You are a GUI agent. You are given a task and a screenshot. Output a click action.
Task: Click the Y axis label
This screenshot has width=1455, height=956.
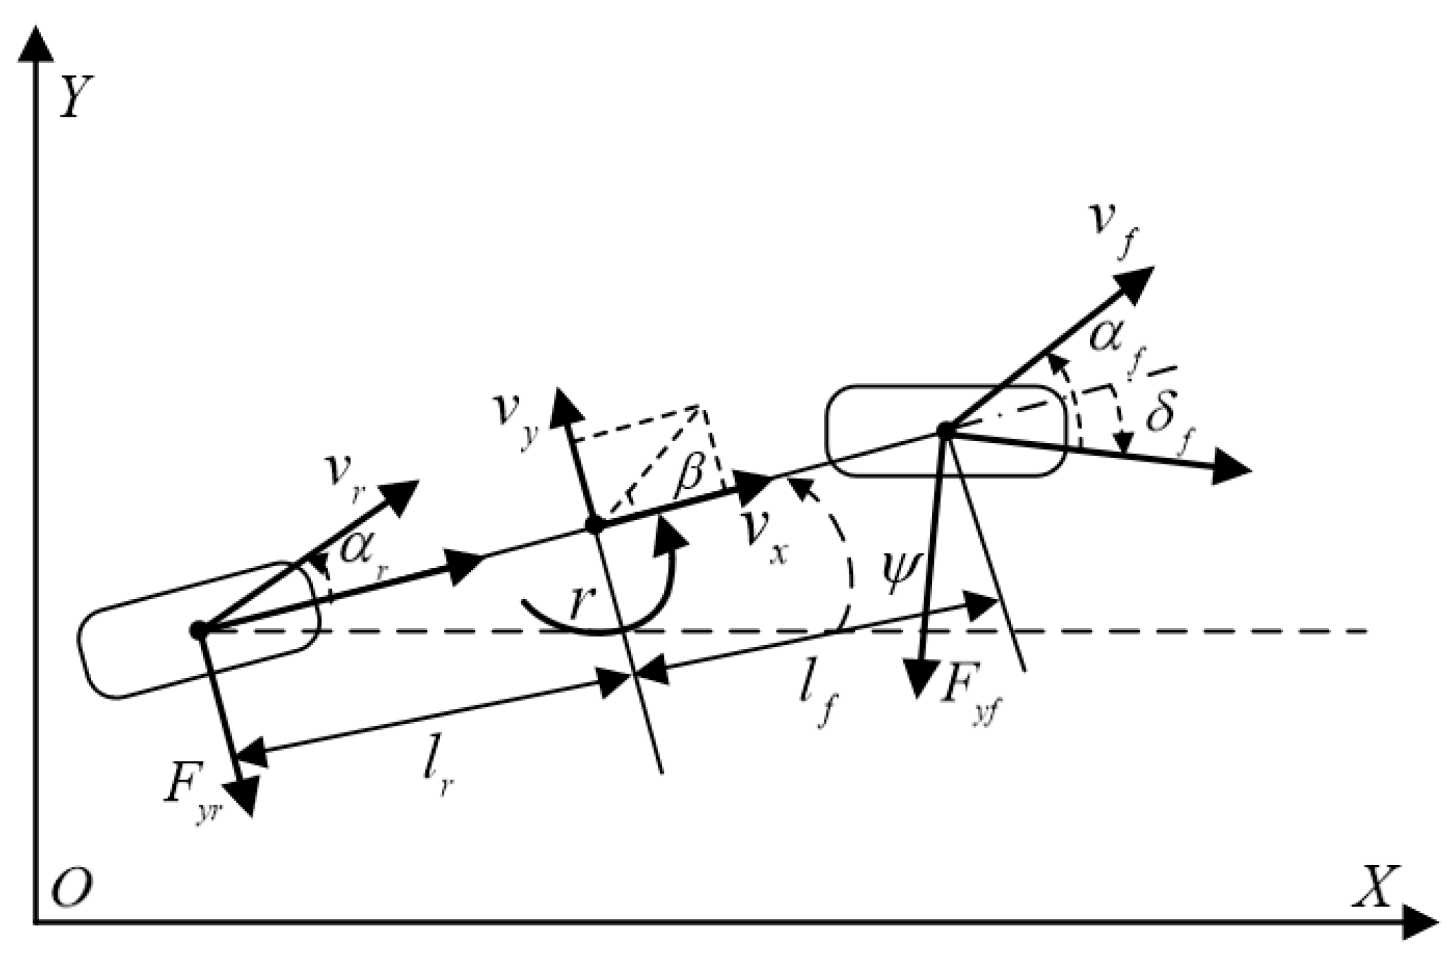76,97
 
